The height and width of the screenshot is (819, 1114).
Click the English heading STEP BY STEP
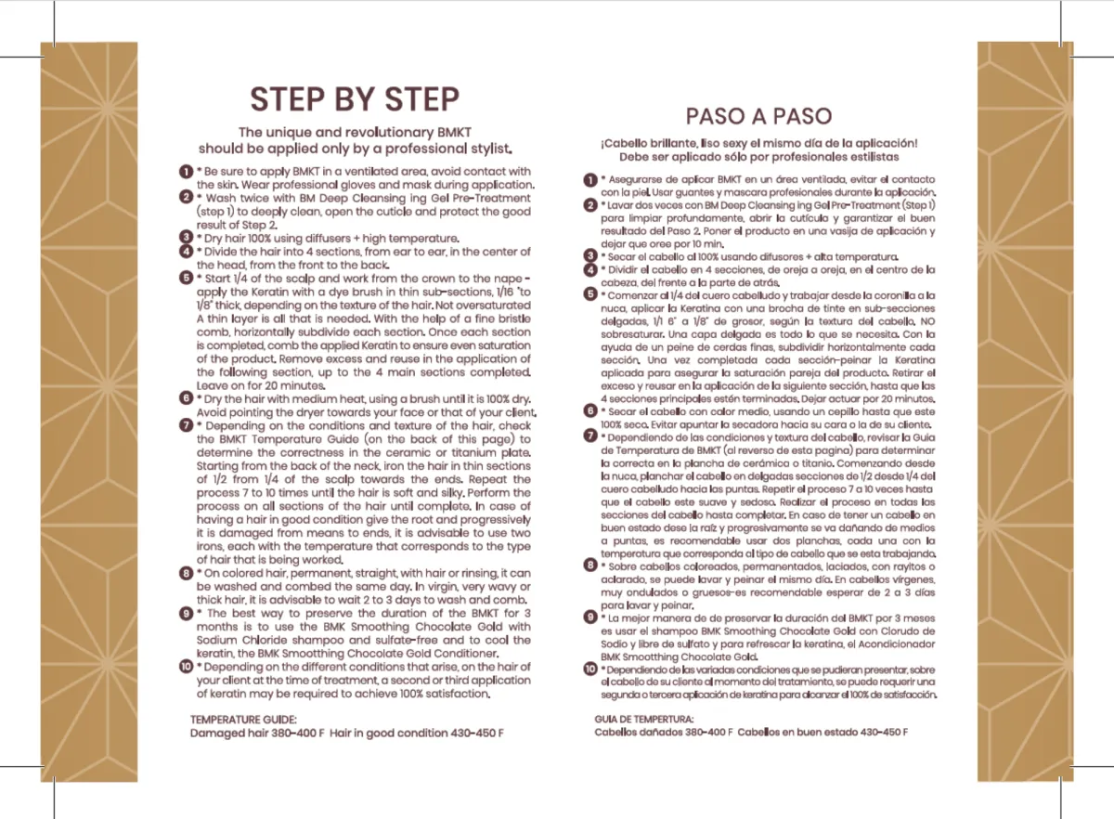point(355,98)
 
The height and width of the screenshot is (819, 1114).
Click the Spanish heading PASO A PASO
point(758,116)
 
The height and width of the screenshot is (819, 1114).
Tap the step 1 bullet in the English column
point(186,171)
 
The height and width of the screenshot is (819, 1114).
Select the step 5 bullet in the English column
point(186,278)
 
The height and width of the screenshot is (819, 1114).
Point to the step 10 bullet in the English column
point(186,667)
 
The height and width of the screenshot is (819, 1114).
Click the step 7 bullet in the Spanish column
point(590,435)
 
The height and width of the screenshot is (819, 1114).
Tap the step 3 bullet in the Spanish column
point(590,255)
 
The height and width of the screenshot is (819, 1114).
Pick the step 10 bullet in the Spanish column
point(590,669)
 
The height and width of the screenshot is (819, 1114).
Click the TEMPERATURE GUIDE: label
point(244,720)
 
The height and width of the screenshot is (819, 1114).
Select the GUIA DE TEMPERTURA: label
point(644,720)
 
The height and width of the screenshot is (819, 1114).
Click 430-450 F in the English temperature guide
point(474,733)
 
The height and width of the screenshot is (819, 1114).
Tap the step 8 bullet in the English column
point(186,573)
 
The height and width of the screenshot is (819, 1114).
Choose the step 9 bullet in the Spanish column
point(590,617)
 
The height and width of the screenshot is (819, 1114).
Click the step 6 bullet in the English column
point(186,398)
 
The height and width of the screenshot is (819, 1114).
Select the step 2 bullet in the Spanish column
point(590,204)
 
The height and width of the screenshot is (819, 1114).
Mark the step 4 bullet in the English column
point(186,252)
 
